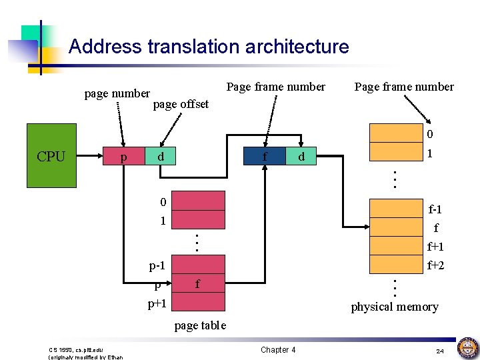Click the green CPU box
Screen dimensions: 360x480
[51, 157]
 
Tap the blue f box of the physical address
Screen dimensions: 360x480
[265, 157]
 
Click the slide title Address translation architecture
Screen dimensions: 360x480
[209, 47]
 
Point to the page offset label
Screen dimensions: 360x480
[181, 104]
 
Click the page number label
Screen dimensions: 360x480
[117, 93]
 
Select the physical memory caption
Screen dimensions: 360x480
[395, 307]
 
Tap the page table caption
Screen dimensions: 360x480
[200, 325]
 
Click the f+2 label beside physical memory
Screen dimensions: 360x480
[435, 265]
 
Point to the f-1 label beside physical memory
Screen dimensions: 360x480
[435, 209]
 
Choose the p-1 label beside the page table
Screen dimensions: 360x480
[157, 266]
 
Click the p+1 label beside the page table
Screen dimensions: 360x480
[157, 304]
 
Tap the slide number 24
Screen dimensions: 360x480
[439, 351]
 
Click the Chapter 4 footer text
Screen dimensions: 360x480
[278, 350]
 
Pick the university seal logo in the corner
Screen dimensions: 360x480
[467, 347]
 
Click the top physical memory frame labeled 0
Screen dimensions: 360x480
[397, 134]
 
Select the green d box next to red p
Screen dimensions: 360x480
[160, 157]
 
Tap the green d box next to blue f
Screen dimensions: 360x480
[302, 157]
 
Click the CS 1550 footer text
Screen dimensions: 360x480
[77, 350]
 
